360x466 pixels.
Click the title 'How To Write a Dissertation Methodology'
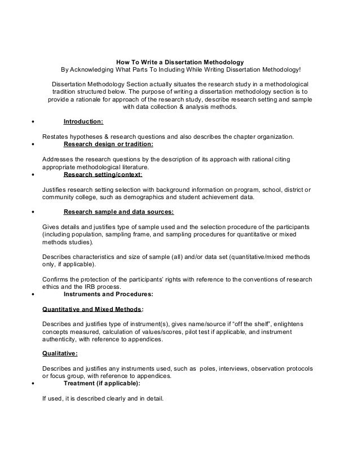tap(180, 61)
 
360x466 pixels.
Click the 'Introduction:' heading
tap(83, 121)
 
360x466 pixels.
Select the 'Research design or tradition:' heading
tap(108, 144)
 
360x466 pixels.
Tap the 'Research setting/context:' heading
tap(103, 174)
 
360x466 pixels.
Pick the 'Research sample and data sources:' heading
tap(118, 212)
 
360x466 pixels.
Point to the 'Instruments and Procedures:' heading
tap(108, 293)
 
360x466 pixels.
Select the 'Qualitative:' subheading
tap(60, 354)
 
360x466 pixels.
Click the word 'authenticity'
tap(63, 340)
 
